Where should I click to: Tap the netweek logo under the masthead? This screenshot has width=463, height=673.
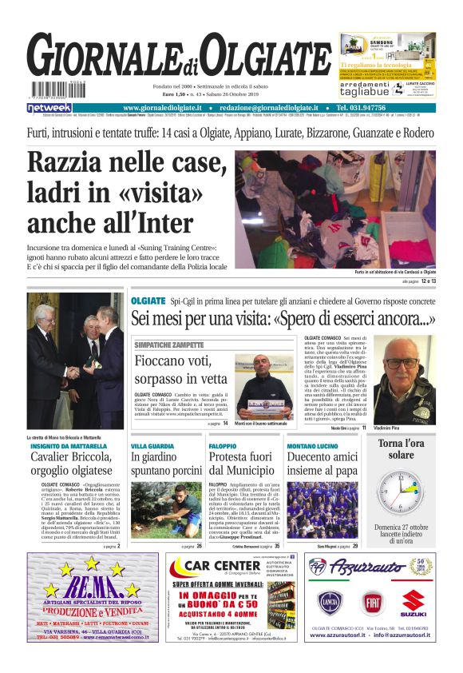click(49, 108)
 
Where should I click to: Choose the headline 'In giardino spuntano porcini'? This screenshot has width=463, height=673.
click(166, 464)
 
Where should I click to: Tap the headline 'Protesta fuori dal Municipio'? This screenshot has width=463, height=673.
click(243, 464)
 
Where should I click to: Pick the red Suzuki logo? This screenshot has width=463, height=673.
click(414, 601)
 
